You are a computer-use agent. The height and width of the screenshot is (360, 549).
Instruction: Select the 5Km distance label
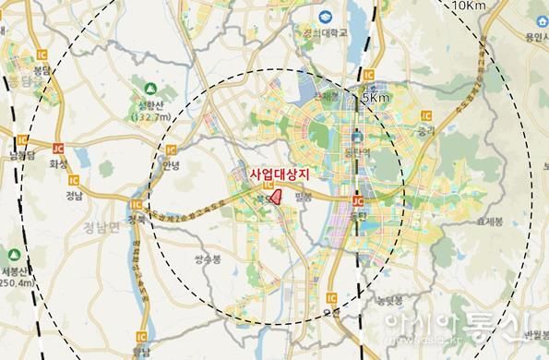[376, 97]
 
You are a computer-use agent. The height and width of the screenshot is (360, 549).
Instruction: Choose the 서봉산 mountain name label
[16, 272]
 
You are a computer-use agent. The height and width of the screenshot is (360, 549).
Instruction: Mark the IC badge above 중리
[425, 115]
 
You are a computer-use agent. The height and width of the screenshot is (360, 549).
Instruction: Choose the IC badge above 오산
[328, 298]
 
